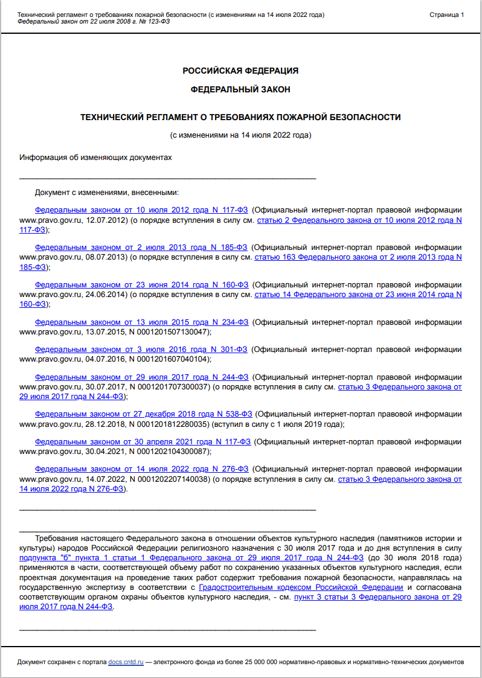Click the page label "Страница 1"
pos(446,14)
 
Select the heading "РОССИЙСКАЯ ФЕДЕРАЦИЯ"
pos(240,71)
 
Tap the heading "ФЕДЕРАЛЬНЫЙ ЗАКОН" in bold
pos(240,89)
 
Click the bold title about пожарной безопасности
pos(240,117)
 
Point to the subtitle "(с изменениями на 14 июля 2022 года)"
pos(240,135)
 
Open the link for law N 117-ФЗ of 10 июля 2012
pos(141,211)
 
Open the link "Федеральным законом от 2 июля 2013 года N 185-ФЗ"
pos(141,248)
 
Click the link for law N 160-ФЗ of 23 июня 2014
pos(141,284)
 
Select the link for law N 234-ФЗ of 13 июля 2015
pos(141,322)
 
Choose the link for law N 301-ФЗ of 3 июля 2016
pos(141,349)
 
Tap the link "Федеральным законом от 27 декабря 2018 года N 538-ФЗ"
pos(143,414)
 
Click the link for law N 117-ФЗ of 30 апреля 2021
pos(143,441)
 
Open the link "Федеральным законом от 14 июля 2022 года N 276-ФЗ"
pos(141,469)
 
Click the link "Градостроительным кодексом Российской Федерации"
pos(301,587)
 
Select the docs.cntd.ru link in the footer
pos(126,662)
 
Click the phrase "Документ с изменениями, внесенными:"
pos(107,193)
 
